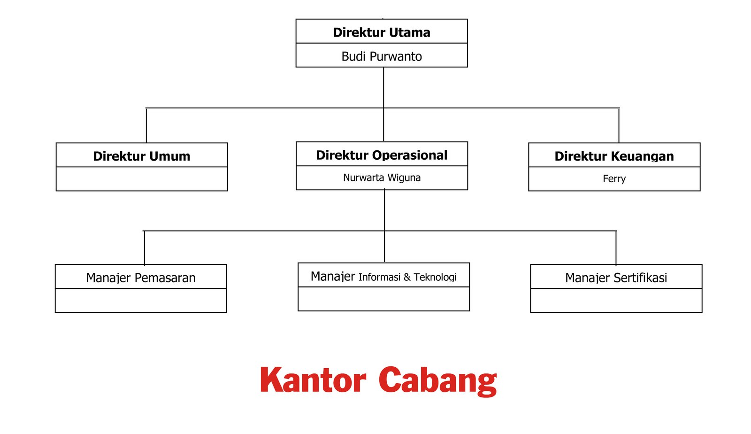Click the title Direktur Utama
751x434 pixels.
[x=382, y=32]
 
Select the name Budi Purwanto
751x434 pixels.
[x=382, y=56]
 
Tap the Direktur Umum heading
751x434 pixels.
[x=141, y=156]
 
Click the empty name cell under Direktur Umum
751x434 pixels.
[x=142, y=179]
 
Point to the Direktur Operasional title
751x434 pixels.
[x=382, y=155]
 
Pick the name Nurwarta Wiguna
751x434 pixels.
[x=382, y=178]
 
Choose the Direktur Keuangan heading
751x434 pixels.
[x=614, y=156]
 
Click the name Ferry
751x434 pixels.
[x=614, y=179]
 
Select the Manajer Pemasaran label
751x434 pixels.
[x=141, y=278]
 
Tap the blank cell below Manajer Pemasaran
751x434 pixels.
[x=141, y=300]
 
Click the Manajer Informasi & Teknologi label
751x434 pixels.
[x=383, y=277]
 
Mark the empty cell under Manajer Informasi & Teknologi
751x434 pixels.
[x=383, y=299]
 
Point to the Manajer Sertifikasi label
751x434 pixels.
[x=616, y=278]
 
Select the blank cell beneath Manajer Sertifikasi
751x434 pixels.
[x=616, y=300]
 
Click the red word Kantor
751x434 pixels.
[x=313, y=380]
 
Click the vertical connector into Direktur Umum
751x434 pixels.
[x=146, y=125]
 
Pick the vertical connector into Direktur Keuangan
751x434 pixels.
[x=619, y=125]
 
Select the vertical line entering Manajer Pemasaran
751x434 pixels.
[x=145, y=248]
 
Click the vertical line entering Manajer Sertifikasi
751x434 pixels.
[x=616, y=248]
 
